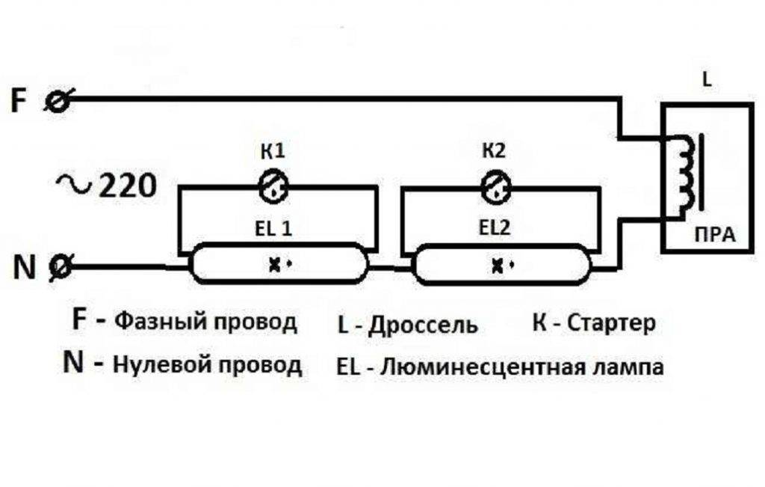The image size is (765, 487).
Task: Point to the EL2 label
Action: (494, 229)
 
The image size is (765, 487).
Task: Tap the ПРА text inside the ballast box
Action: (712, 235)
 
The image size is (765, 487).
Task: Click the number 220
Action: (126, 184)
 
